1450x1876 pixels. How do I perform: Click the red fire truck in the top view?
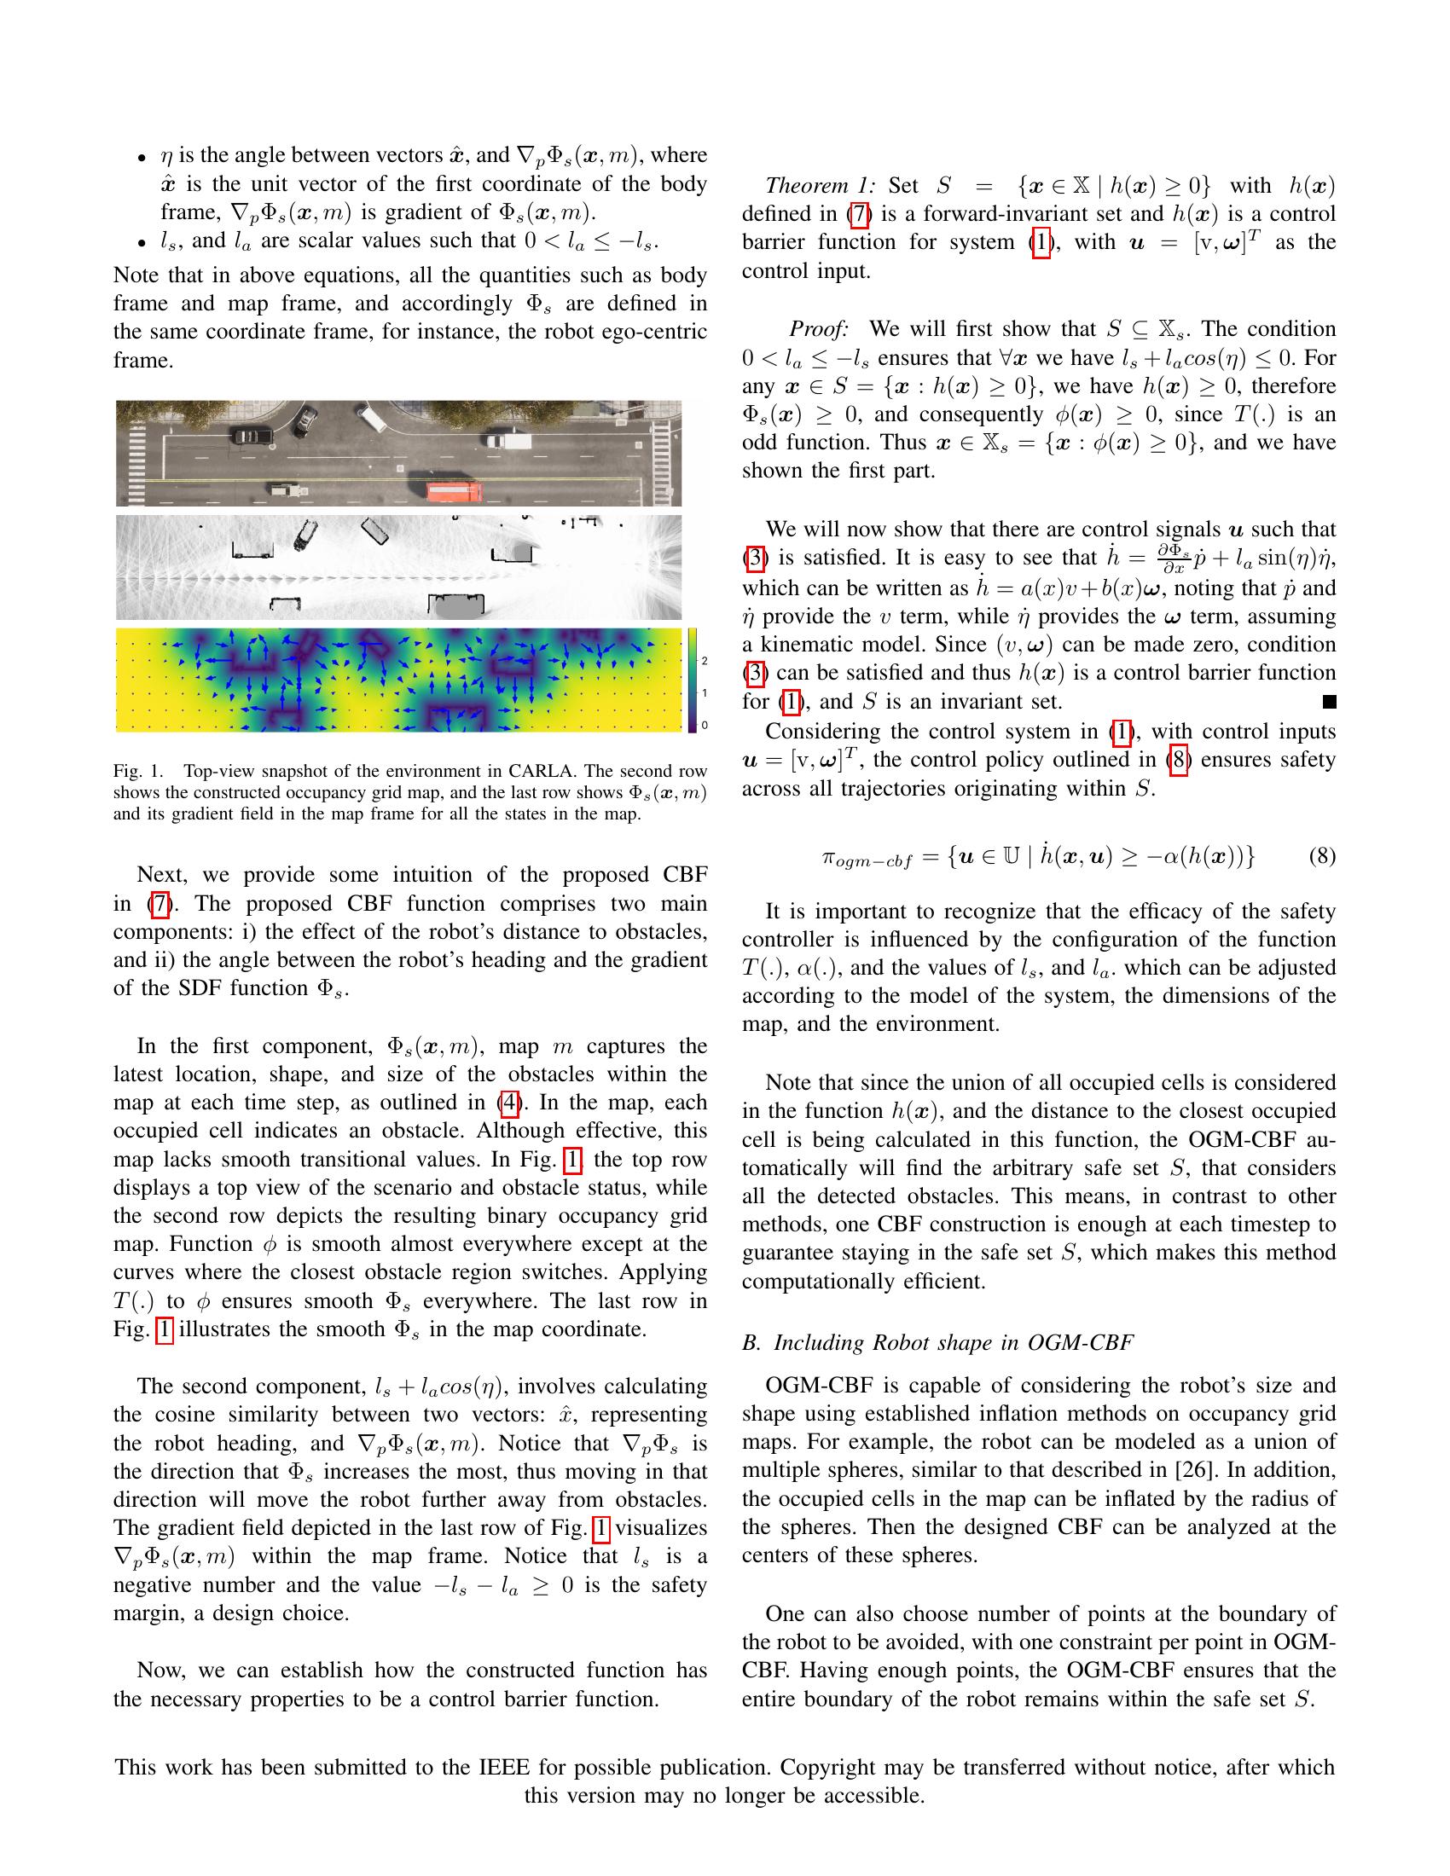click(455, 492)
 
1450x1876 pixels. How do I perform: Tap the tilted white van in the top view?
click(371, 419)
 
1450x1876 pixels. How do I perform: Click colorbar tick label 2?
click(705, 661)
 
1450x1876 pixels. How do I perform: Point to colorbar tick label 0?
click(705, 725)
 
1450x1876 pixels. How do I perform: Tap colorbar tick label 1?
click(705, 692)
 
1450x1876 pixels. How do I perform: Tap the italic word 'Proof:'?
click(819, 329)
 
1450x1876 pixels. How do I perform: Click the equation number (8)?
click(1322, 855)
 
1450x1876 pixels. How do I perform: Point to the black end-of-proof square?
click(1329, 702)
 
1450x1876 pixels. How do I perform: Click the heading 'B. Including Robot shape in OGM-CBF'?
click(937, 1342)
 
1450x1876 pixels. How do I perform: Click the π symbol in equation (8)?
click(829, 857)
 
